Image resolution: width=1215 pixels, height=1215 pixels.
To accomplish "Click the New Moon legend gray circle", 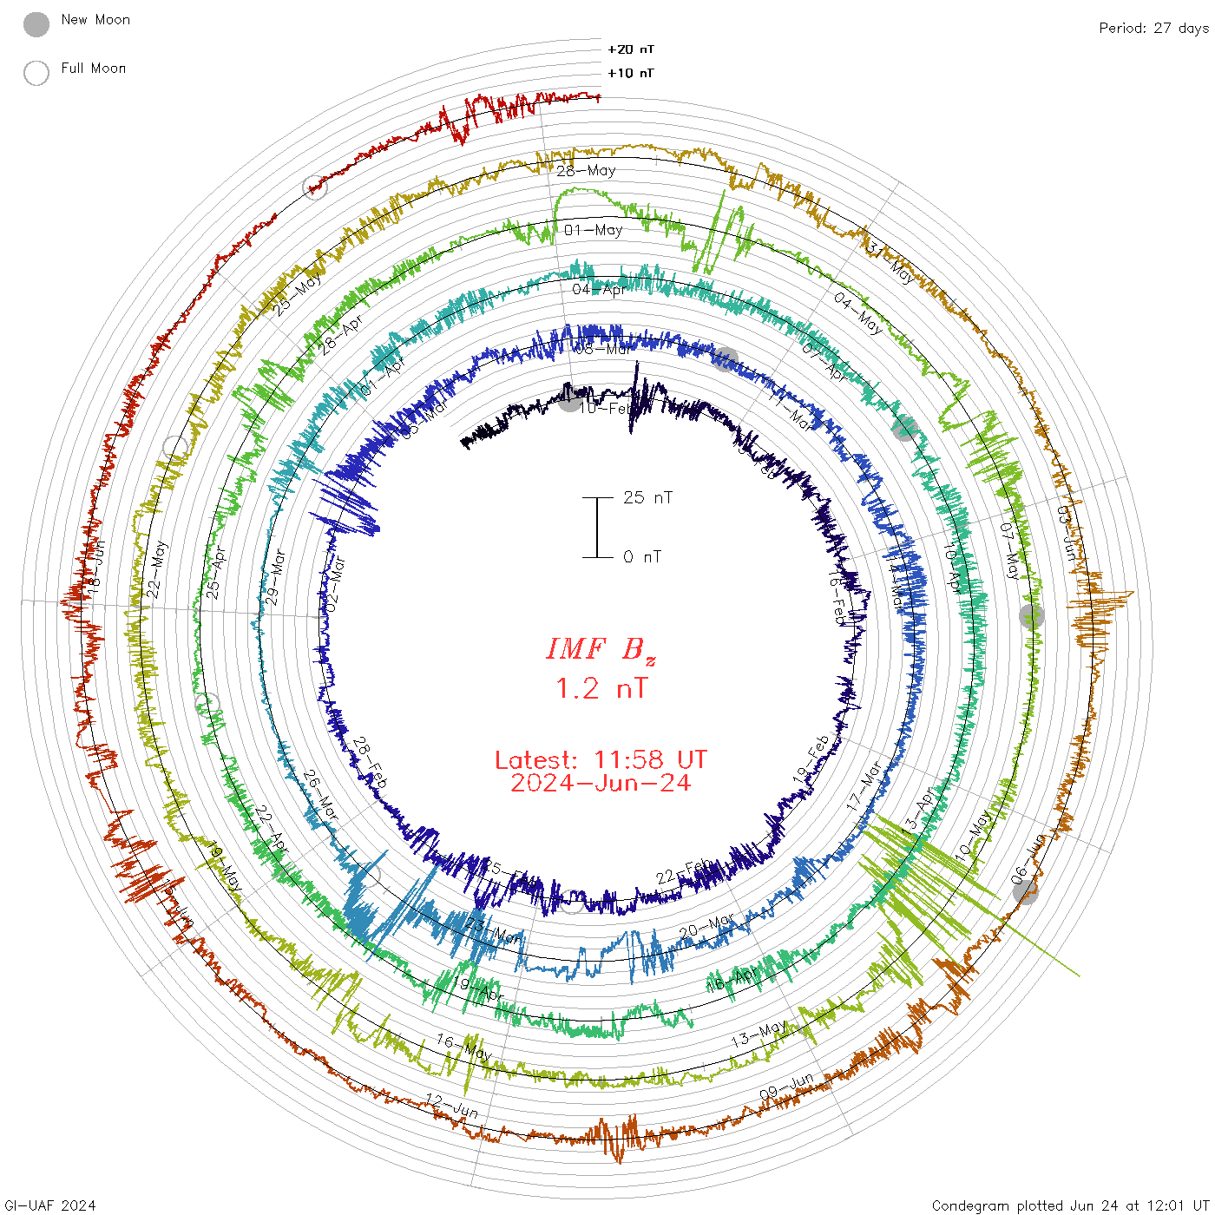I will pos(36,24).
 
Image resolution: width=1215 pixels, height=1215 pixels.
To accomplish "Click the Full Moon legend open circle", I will pos(36,73).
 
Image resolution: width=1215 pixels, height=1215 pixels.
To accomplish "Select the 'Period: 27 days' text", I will pos(1153,28).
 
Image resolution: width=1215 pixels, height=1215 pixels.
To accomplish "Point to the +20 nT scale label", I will pos(631,49).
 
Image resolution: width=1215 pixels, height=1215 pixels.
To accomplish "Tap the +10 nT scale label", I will pos(631,73).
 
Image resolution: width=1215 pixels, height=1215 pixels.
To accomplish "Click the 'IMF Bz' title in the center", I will pos(601,649).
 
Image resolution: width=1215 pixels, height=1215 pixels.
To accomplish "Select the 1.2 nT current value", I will pos(601,688).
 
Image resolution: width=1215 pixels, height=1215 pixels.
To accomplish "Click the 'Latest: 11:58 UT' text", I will pos(601,760).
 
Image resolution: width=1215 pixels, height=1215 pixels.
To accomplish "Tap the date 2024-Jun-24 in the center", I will pos(601,783).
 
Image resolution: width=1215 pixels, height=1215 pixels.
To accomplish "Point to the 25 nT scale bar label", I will pos(647,497).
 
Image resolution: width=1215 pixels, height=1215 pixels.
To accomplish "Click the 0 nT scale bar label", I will pos(642,556).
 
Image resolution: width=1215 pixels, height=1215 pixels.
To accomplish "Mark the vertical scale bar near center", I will pos(597,527).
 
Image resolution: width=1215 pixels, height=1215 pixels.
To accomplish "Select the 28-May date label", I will pos(586,171).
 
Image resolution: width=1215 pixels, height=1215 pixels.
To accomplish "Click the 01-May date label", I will pos(594,230).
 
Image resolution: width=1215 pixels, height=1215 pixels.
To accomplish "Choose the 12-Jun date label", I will pos(451,1106).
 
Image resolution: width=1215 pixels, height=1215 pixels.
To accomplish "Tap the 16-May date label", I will pos(464,1047).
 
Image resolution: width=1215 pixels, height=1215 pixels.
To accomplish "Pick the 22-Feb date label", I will pos(684,871).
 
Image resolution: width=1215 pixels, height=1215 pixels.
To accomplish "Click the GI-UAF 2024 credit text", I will pos(50,1205).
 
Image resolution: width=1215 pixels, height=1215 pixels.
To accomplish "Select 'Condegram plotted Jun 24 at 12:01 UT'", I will pos(1070,1205).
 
